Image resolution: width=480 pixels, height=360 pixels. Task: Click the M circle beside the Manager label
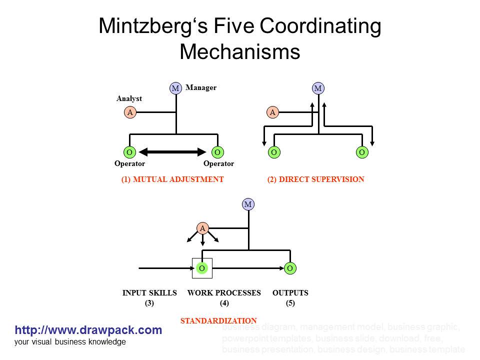175,88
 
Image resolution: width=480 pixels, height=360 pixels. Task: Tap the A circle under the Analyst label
130,112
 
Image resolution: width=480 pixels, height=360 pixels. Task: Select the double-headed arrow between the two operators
173,151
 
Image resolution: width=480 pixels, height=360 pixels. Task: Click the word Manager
201,87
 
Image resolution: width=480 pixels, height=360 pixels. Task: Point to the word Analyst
129,98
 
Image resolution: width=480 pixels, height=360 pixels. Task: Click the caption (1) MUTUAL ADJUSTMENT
172,179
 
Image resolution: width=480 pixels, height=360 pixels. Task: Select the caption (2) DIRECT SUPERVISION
316,179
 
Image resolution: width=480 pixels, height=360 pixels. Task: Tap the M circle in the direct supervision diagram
318,88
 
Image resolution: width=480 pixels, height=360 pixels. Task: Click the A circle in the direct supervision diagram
272,112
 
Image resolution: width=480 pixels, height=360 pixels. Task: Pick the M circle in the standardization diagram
248,204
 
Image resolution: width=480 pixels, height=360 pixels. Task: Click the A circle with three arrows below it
202,228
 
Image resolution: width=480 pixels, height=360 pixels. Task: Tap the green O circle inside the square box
202,268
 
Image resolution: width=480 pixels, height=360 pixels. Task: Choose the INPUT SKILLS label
149,293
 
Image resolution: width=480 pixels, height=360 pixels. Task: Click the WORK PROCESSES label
224,293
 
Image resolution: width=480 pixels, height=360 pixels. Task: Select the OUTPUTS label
290,293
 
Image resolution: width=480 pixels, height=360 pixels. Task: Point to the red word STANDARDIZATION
218,320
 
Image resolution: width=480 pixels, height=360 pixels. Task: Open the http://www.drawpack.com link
88,330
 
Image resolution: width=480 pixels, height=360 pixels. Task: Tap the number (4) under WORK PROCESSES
224,303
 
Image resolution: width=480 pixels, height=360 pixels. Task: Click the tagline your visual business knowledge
70,342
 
